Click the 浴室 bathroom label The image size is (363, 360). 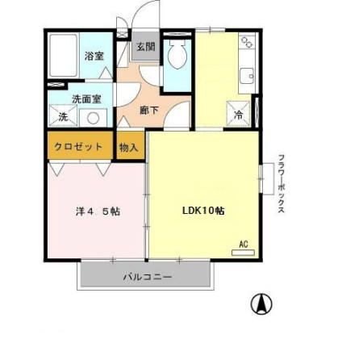(x=94, y=56)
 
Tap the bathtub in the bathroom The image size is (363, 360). (x=63, y=58)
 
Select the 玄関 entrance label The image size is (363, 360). (x=145, y=47)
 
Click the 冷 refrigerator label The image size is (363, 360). (x=239, y=115)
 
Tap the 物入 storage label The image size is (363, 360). (x=129, y=147)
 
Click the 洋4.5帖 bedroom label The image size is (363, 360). (x=98, y=211)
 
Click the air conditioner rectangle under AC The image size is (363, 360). (x=243, y=252)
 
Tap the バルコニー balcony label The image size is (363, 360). (x=147, y=275)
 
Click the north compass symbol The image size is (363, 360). (x=262, y=304)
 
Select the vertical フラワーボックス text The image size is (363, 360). (x=281, y=183)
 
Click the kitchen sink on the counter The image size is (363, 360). (x=245, y=77)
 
